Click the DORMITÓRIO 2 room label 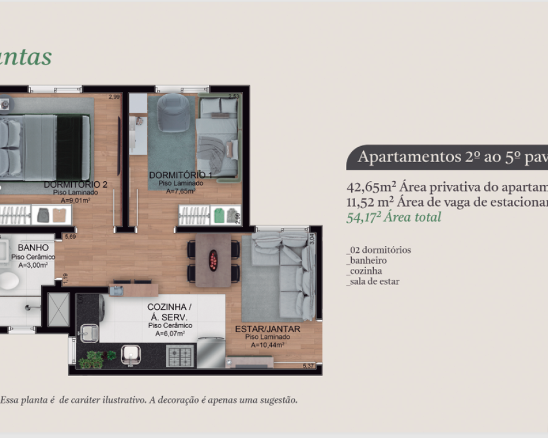point(76,185)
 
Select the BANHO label point(33,248)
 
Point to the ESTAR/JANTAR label point(267,329)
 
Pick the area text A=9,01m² point(76,200)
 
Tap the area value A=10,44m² point(267,345)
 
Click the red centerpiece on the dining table point(213,260)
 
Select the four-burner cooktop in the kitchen point(180,356)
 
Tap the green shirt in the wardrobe point(219,215)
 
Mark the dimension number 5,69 point(70,237)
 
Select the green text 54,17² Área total point(394,217)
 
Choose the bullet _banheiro point(367,261)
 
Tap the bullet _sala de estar point(373,281)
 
